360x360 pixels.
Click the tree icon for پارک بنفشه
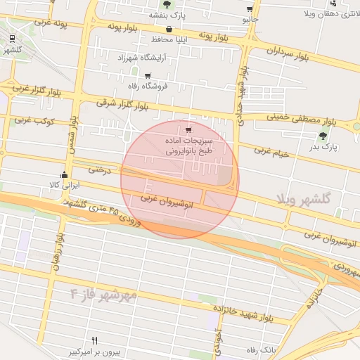[x=167, y=4]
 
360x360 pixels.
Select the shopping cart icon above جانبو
[x=250, y=9]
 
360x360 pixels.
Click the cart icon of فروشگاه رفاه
[x=147, y=75]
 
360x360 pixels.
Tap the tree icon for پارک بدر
[x=323, y=136]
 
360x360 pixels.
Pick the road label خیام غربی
[x=271, y=150]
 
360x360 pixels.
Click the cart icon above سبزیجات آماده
[x=188, y=129]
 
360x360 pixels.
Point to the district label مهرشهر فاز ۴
[x=105, y=292]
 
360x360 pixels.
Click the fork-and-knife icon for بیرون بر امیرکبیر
[x=94, y=340]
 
